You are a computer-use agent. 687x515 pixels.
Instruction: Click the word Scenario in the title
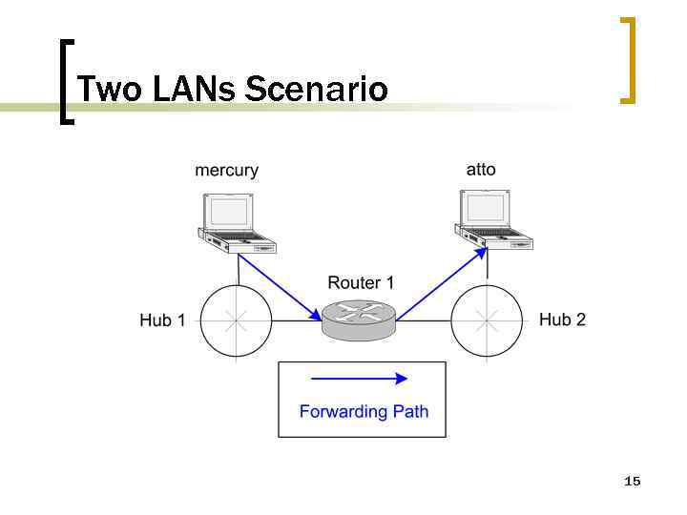(317, 89)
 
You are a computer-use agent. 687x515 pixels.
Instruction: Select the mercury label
(226, 171)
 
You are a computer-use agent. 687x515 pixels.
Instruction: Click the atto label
(481, 169)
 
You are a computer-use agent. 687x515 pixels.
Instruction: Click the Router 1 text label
(361, 282)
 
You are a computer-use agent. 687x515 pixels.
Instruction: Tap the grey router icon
(358, 319)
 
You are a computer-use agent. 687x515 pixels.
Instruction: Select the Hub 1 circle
(236, 321)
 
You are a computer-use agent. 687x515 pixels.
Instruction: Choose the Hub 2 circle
(487, 321)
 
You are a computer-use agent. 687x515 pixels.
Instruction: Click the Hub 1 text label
(162, 320)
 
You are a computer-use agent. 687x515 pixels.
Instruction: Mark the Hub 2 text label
(562, 319)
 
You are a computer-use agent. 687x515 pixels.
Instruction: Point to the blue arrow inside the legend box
(360, 378)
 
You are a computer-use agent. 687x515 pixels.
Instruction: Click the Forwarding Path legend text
(364, 412)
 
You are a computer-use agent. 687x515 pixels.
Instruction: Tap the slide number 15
(632, 482)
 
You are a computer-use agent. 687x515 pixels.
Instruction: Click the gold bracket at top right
(627, 59)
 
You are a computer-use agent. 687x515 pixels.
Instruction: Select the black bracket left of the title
(63, 81)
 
